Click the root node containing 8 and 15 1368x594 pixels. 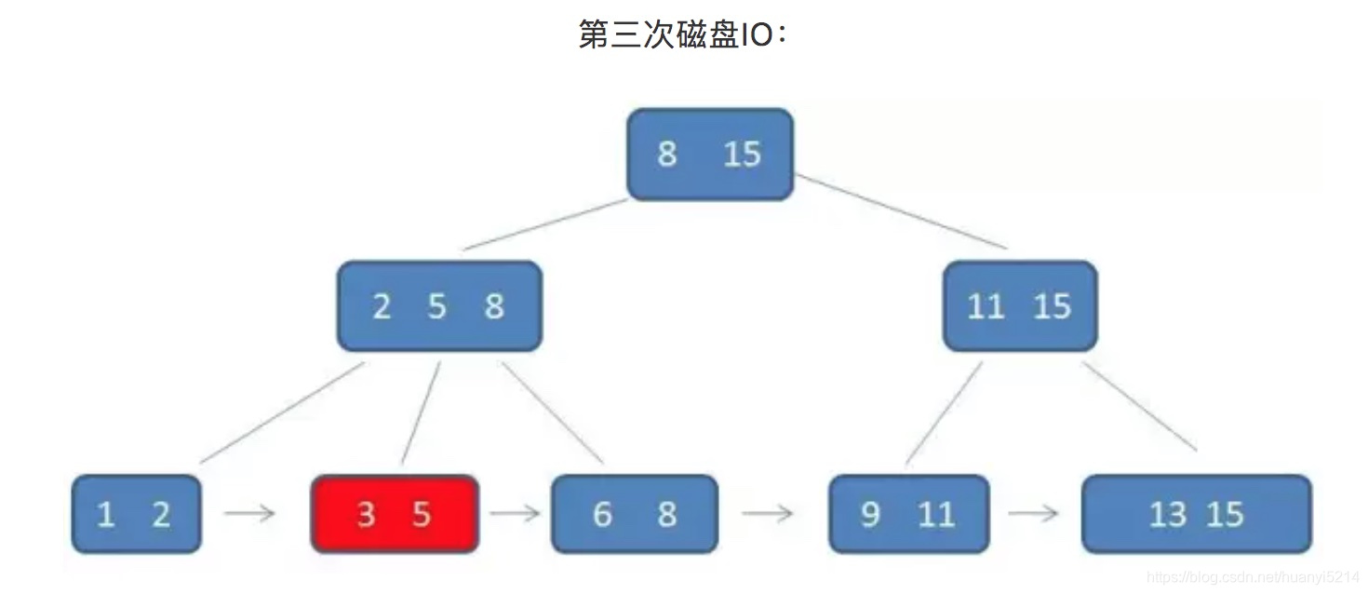click(x=710, y=154)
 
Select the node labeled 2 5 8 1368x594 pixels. click(x=438, y=305)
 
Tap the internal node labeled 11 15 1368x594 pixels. click(x=1020, y=305)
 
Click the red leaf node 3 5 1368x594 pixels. click(x=395, y=513)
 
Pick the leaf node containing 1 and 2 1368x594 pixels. click(x=136, y=513)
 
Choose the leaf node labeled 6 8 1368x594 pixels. click(x=635, y=513)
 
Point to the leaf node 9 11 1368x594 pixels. click(x=908, y=513)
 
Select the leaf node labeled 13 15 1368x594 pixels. click(x=1196, y=513)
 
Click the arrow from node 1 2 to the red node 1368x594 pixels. click(x=249, y=513)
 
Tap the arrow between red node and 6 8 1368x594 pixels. click(x=515, y=513)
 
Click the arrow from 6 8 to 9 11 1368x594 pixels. click(x=768, y=513)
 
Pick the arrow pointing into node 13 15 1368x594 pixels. click(x=1034, y=513)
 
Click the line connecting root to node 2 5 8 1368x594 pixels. click(x=545, y=224)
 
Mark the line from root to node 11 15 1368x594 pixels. click(x=901, y=211)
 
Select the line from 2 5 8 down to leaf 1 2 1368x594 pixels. click(x=281, y=412)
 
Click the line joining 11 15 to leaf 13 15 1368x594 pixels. click(x=1140, y=406)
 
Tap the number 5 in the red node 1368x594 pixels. click(x=422, y=514)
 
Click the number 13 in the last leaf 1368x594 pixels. click(x=1167, y=514)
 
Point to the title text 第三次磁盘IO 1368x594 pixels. click(x=683, y=35)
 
